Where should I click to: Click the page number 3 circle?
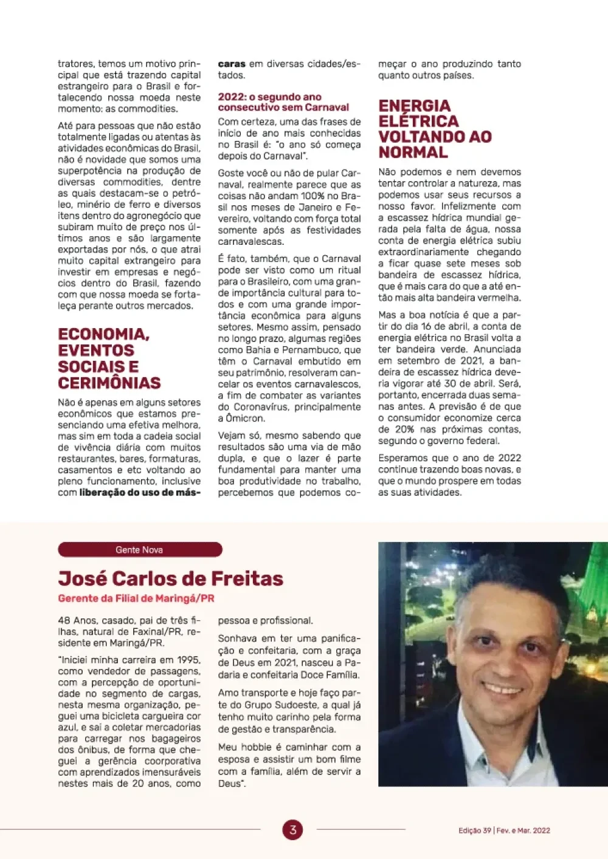(x=292, y=830)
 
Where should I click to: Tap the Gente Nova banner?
(x=140, y=550)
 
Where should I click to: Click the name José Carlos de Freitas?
(x=171, y=578)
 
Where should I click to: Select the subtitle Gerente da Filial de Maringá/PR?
(x=136, y=598)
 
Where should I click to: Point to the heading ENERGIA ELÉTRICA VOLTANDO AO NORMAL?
(x=435, y=129)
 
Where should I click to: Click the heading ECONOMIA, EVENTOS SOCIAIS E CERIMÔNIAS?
(x=109, y=358)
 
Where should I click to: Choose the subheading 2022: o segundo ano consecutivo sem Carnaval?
(x=283, y=102)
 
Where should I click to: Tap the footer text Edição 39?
(x=475, y=830)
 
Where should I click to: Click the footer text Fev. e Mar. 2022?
(x=523, y=830)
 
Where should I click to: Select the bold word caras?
(x=232, y=64)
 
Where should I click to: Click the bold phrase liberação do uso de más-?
(x=139, y=493)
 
